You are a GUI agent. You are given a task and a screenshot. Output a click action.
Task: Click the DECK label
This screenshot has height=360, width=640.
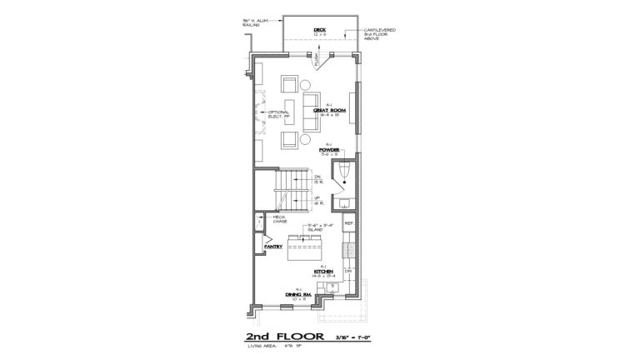click(319, 31)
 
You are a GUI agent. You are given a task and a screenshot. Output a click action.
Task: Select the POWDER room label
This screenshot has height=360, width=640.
click(329, 151)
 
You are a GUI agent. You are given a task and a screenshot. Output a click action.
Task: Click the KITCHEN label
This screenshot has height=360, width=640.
click(324, 272)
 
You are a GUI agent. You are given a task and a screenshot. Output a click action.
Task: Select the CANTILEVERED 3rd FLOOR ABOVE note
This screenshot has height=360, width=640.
click(379, 34)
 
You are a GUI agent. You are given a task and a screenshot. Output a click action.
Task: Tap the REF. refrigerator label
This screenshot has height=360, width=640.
click(349, 224)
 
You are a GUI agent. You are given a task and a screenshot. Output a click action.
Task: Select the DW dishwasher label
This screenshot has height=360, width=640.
click(349, 272)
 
